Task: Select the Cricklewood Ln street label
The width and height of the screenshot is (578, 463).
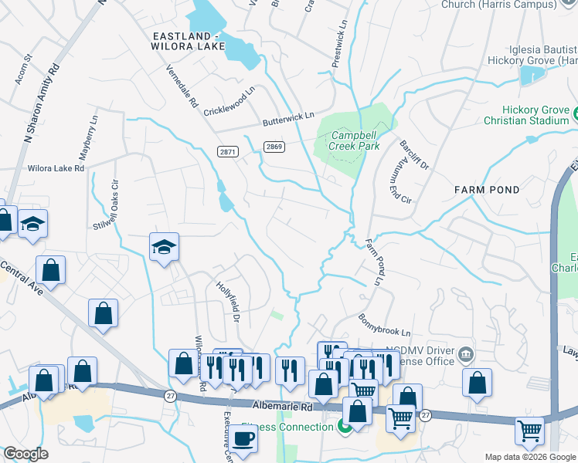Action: [x=229, y=102]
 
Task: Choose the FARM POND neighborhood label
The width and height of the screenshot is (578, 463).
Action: [x=487, y=189]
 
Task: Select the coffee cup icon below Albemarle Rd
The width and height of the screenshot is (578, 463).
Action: [x=245, y=438]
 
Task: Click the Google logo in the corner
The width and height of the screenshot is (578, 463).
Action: [x=26, y=454]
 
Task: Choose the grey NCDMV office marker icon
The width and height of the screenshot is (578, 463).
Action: [x=465, y=355]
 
